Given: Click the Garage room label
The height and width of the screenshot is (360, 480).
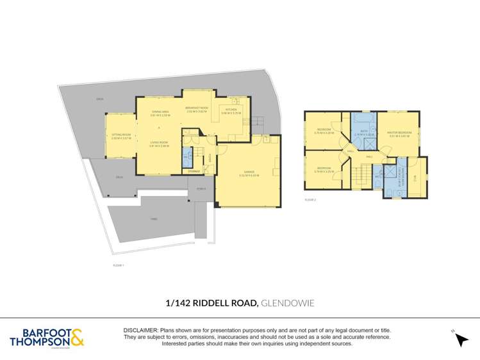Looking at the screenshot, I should click(248, 174).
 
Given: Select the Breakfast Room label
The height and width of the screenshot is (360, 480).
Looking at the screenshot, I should click(197, 108).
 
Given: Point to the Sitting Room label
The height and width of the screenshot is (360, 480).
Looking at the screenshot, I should click(120, 136).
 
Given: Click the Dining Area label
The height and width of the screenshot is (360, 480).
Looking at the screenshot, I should click(160, 113).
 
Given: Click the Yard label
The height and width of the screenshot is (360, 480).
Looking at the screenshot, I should click(153, 219).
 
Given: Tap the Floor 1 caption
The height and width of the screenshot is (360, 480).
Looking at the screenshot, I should click(118, 265).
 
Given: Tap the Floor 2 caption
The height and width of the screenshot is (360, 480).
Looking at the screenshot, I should click(310, 200).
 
